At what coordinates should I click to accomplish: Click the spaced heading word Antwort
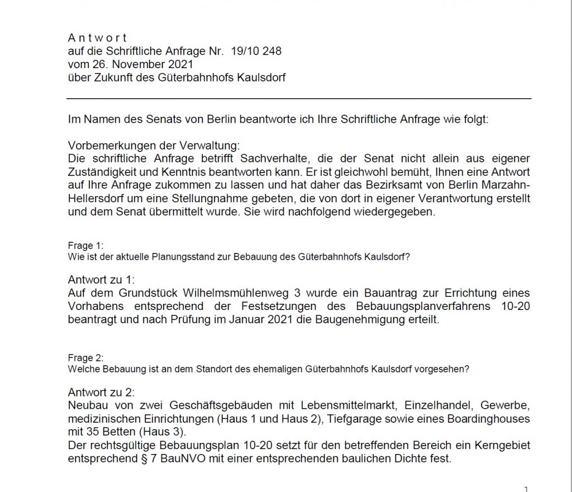97,38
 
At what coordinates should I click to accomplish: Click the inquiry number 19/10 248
256,51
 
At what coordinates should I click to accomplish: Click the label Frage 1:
85,245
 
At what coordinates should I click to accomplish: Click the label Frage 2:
85,358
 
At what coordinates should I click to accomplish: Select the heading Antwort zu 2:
101,391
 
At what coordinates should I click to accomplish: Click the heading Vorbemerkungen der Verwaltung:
154,145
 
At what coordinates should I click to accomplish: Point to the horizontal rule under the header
299,98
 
